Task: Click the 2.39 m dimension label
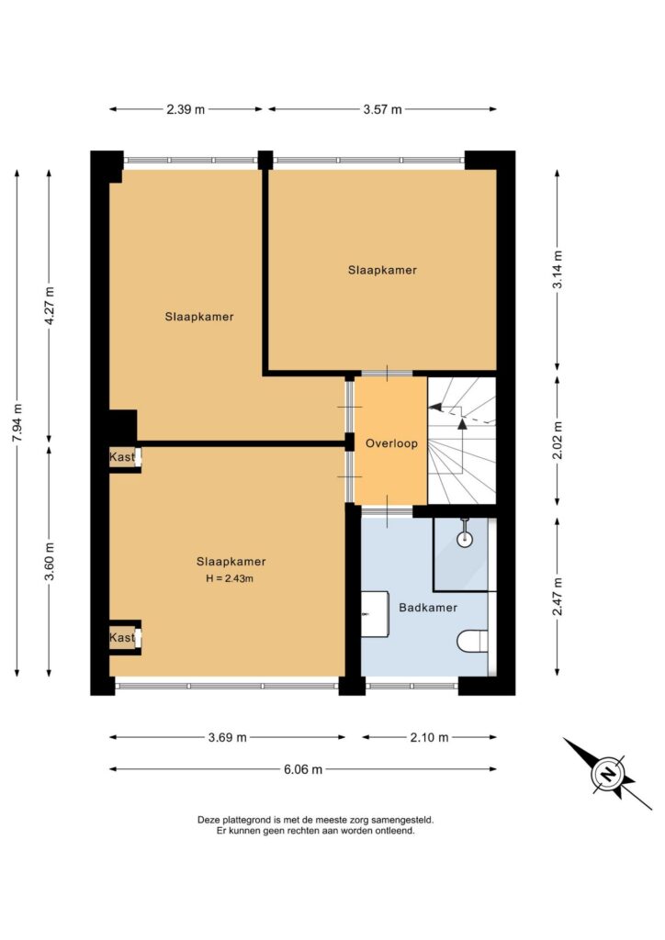coord(186,109)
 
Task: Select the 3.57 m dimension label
coord(383,109)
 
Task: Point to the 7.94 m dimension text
coord(17,422)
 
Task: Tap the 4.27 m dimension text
coord(50,306)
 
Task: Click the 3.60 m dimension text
coord(50,561)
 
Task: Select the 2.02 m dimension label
coord(558,440)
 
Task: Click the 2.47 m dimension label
coord(558,596)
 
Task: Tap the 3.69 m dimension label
coord(227,737)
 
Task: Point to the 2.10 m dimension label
coord(429,737)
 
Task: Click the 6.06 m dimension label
coord(303,769)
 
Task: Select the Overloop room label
coord(391,443)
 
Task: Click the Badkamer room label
coord(428,608)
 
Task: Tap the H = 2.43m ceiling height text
coord(230,578)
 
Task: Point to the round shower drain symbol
coord(465,539)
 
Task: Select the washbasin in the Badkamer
coord(375,614)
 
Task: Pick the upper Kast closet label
coord(122,457)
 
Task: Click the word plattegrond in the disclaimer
coord(246,820)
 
